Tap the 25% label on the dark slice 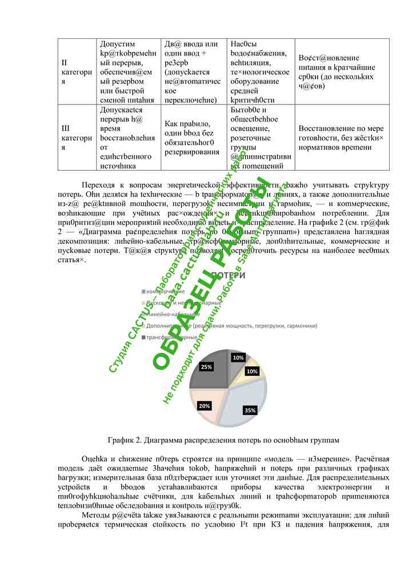coord(206,367)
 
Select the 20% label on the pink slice coord(204,405)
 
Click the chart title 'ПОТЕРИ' coord(229,276)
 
